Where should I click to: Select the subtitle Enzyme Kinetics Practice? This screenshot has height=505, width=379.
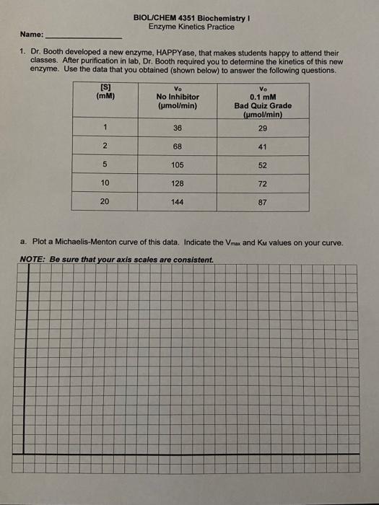186,27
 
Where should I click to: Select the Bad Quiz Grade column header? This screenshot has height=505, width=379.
263,105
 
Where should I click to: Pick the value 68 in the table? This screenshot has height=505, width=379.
177,146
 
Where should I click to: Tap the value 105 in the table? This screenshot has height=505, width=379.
178,164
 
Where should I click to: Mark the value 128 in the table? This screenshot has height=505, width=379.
178,183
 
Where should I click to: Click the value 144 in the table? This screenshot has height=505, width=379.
178,202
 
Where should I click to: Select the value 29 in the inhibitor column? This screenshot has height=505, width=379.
262,128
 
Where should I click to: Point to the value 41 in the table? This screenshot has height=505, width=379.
263,146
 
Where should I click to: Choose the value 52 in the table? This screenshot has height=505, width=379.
263,165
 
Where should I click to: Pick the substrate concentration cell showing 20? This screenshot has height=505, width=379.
105,201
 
